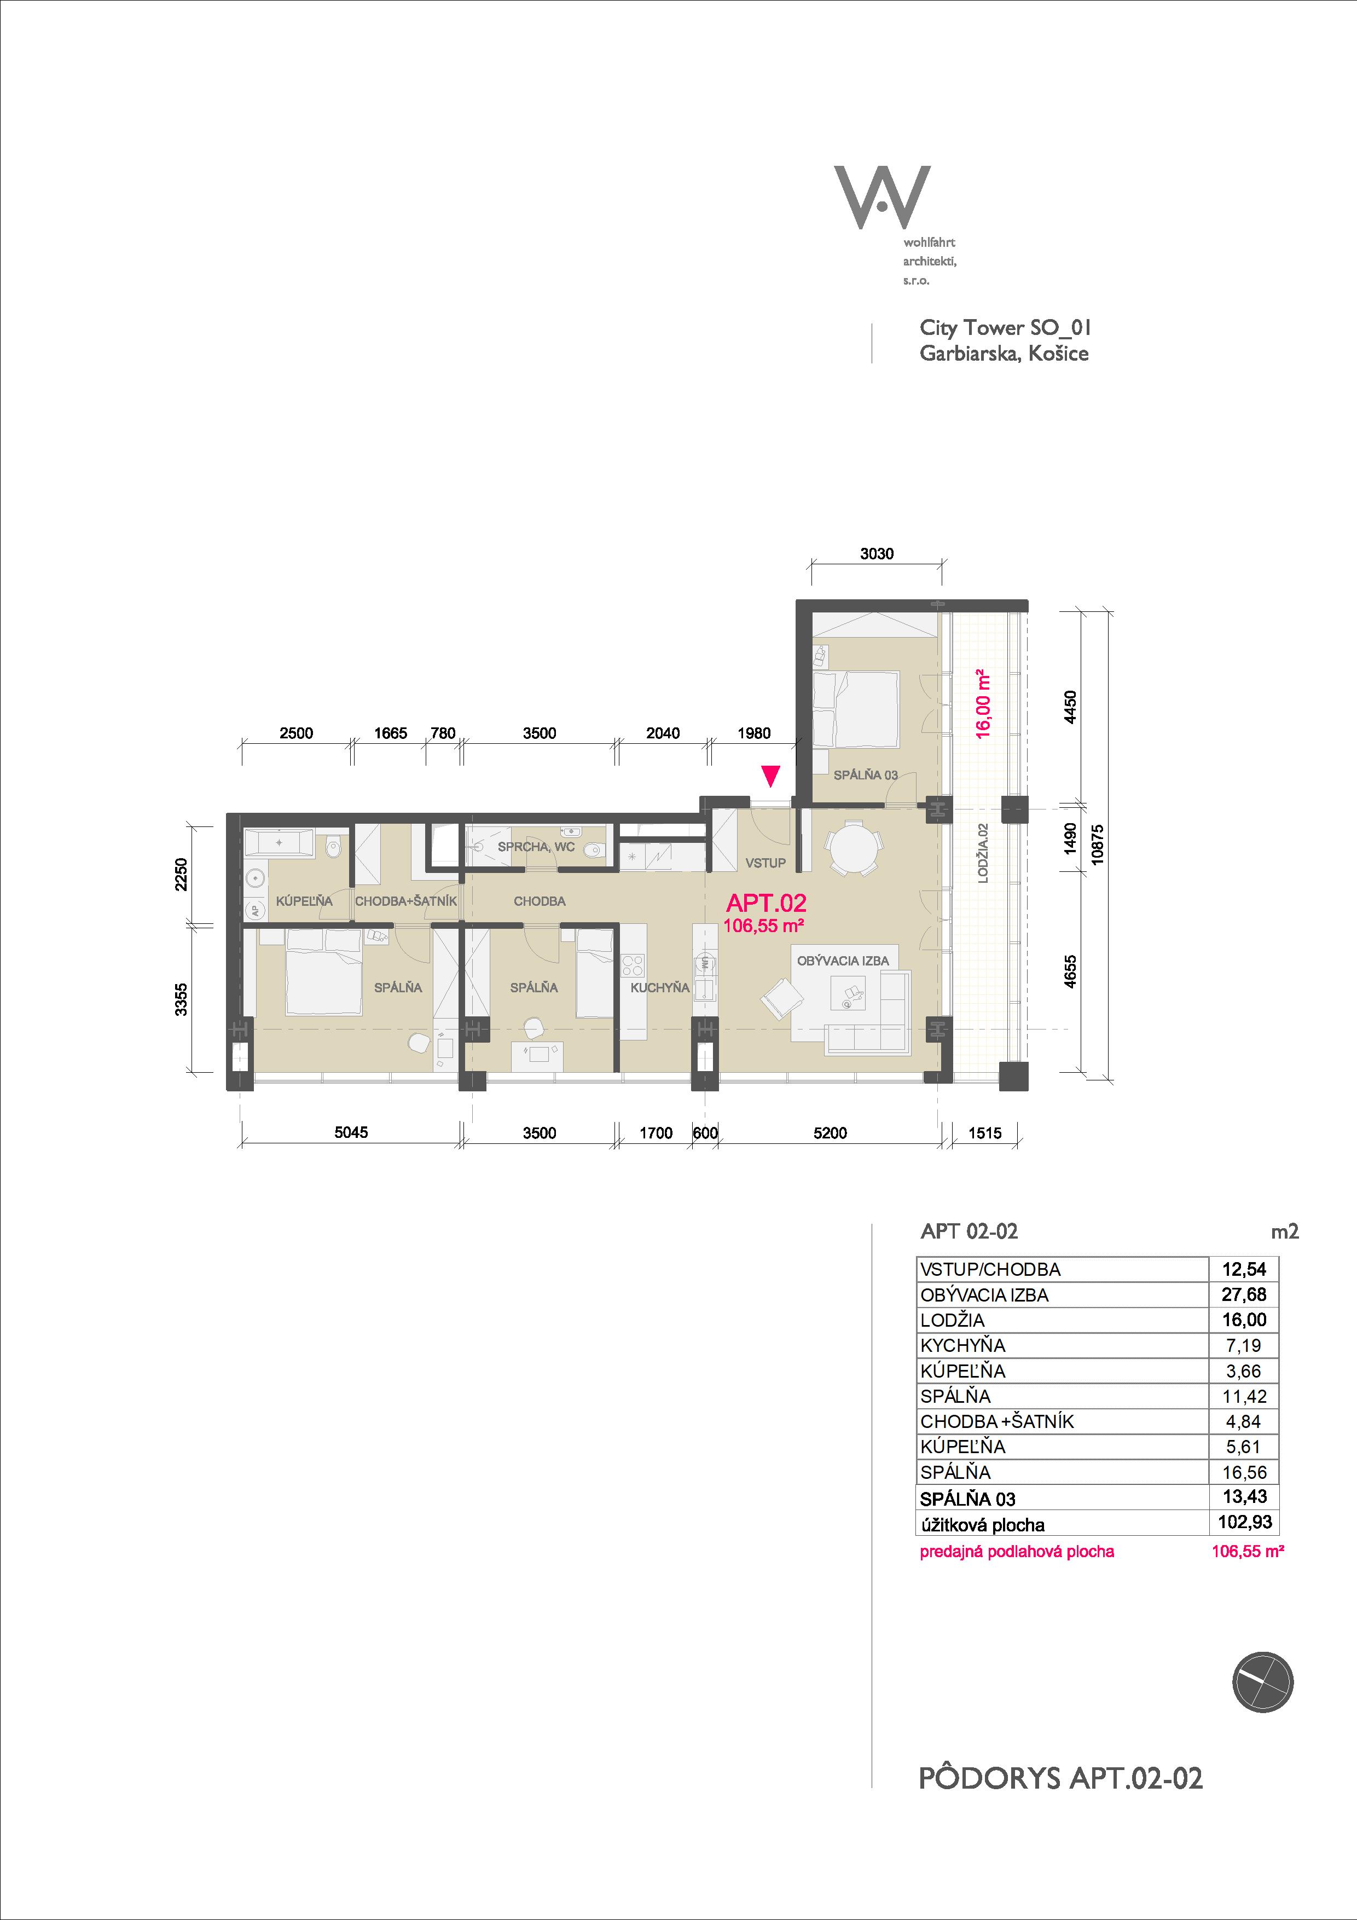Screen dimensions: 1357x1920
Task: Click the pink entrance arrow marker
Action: point(770,776)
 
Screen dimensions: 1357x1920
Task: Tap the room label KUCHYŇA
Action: point(660,987)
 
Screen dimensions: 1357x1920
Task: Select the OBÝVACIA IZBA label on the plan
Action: point(843,961)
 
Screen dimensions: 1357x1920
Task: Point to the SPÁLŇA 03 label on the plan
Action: point(866,774)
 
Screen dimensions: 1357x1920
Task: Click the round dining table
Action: point(852,846)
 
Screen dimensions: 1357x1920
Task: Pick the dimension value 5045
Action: point(351,1132)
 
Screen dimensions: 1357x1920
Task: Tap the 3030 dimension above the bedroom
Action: point(877,553)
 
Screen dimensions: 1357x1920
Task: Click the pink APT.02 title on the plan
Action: point(767,903)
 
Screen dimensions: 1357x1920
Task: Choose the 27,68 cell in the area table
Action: point(1244,1294)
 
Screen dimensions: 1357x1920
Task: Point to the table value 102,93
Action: point(1245,1522)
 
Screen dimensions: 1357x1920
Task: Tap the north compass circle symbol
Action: point(1262,1682)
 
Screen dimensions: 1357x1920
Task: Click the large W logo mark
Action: point(882,198)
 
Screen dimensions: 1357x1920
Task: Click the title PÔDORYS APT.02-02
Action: point(1061,1779)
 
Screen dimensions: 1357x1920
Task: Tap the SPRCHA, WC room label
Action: point(536,847)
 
